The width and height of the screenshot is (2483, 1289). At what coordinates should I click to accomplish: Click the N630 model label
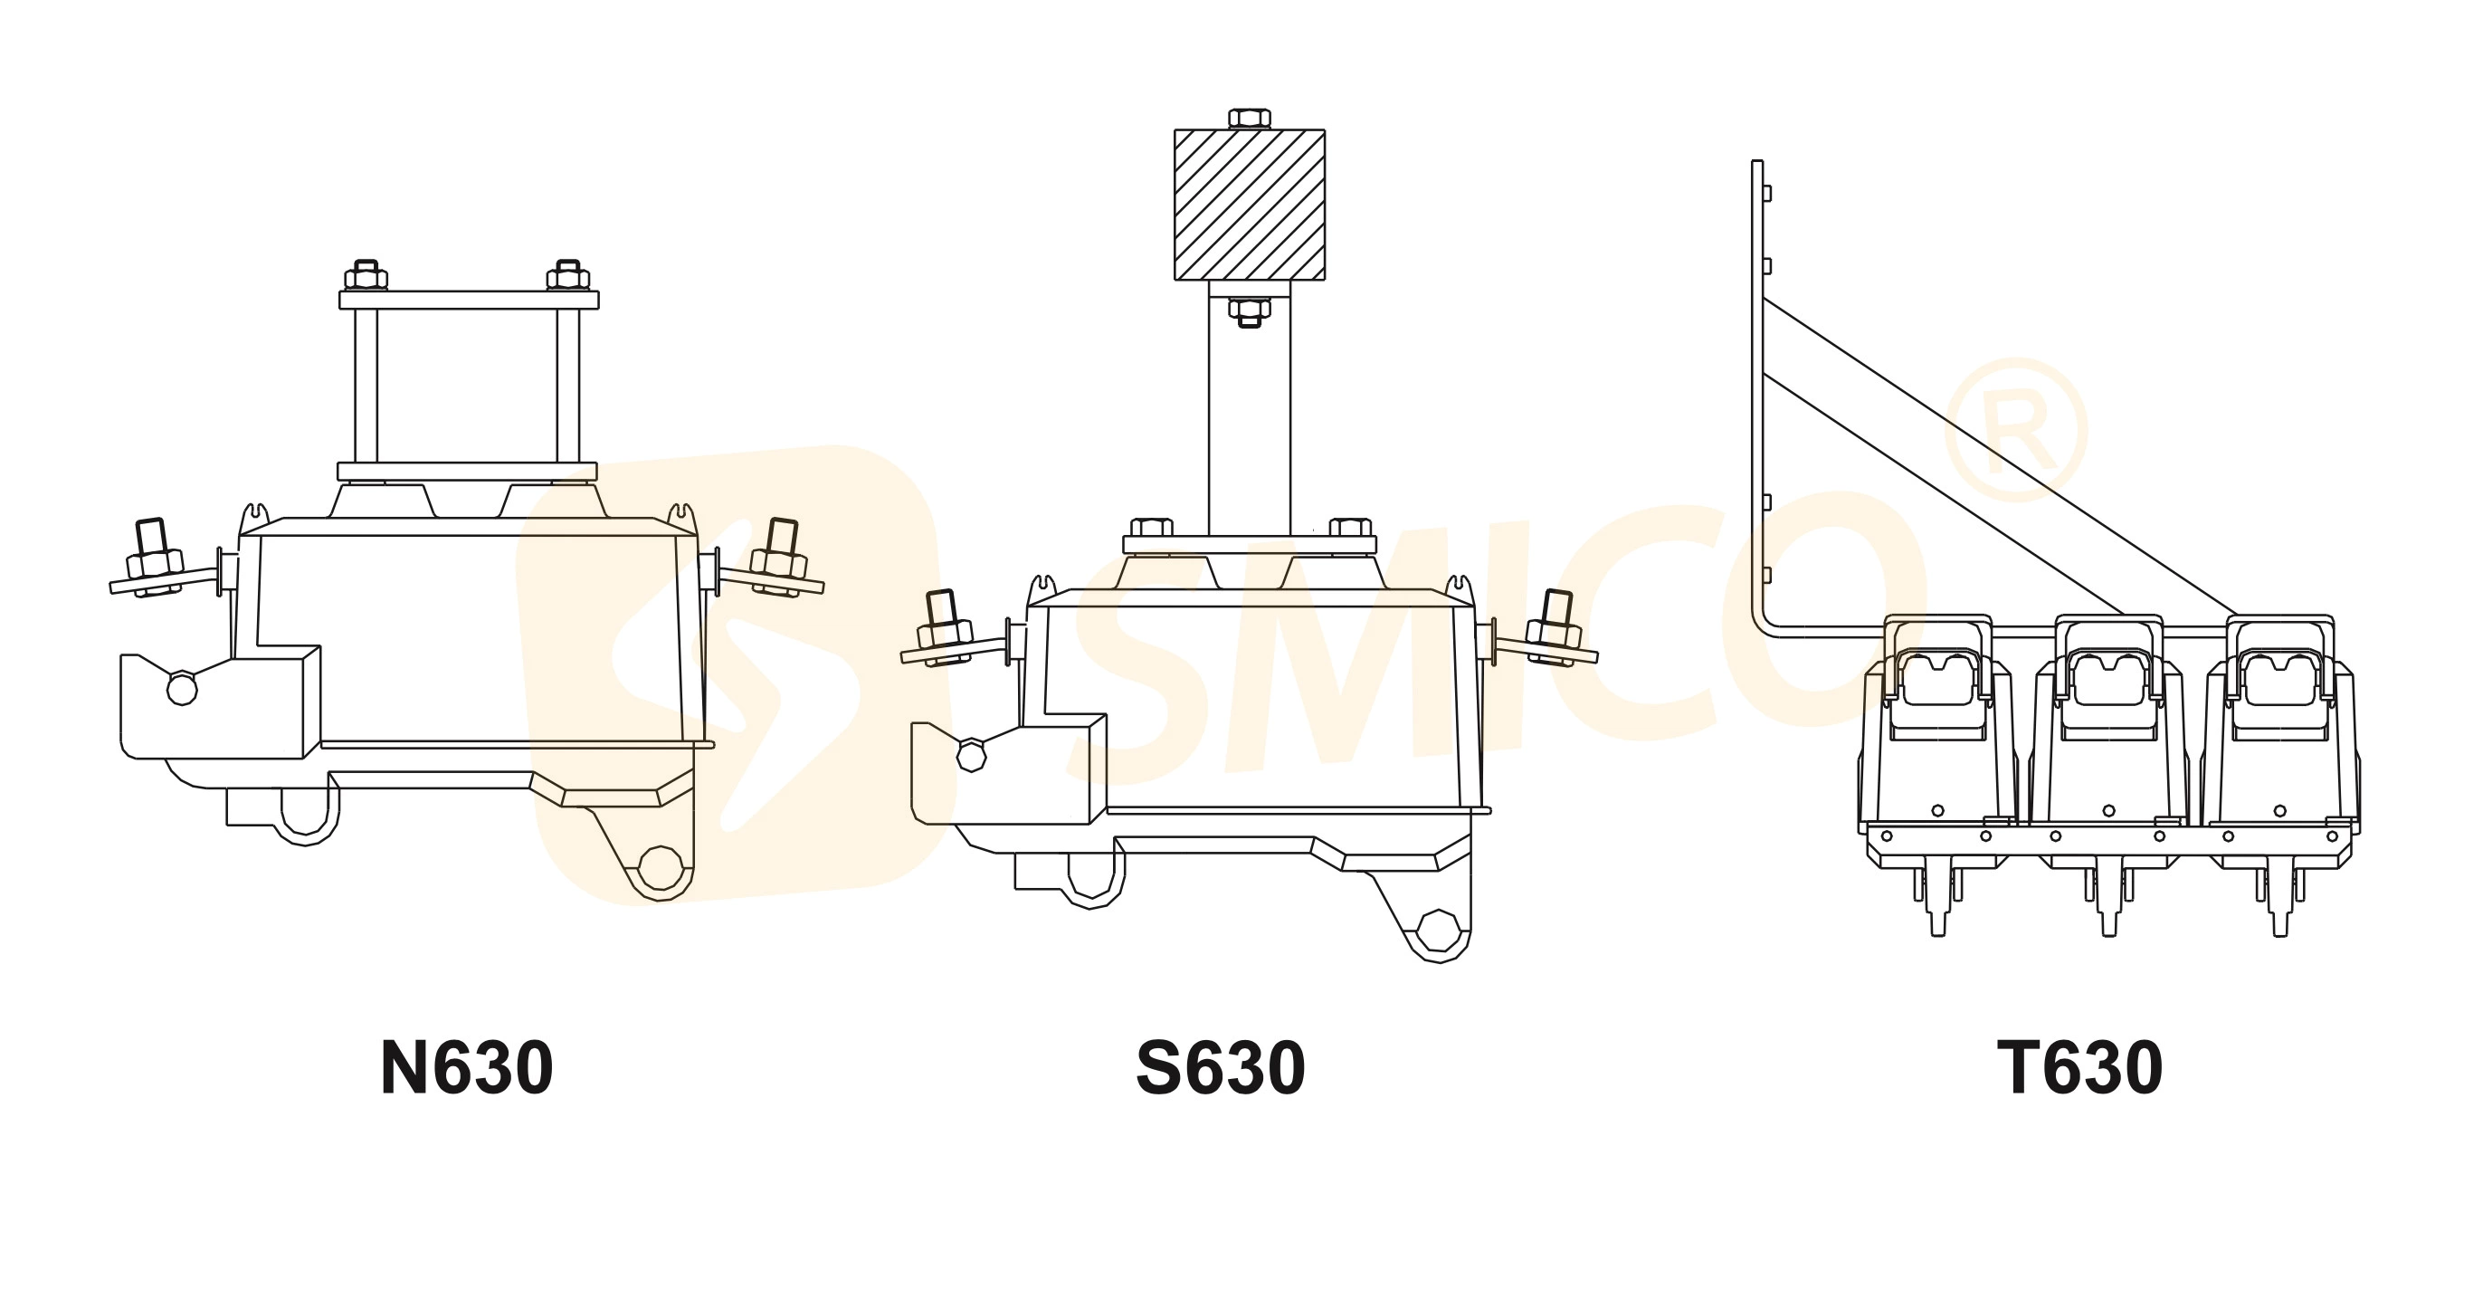467,1068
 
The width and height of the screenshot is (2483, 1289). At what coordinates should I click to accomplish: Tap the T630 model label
2079,1068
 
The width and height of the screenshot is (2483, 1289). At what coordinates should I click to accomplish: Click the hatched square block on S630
1250,205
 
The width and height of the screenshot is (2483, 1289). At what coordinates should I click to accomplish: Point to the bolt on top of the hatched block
1250,119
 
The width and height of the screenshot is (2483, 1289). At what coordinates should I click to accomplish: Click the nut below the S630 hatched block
1250,311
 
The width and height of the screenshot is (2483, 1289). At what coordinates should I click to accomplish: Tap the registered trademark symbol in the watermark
2016,430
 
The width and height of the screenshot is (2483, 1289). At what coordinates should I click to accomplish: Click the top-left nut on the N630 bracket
366,276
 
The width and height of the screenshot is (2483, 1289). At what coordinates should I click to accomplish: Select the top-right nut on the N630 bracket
568,276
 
